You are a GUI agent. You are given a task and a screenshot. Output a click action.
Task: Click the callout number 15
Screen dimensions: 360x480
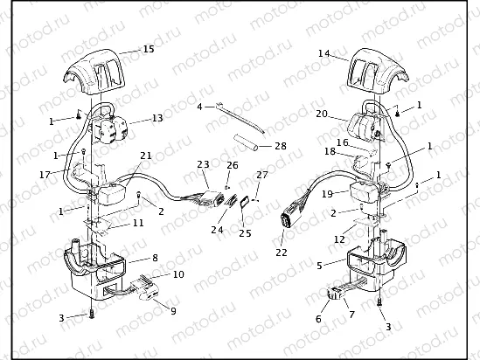pyautogui.click(x=149, y=49)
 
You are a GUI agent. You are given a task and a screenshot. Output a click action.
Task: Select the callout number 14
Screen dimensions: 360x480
pyautogui.click(x=323, y=53)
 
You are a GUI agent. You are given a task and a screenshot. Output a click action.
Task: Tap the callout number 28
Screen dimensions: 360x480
pyautogui.click(x=280, y=145)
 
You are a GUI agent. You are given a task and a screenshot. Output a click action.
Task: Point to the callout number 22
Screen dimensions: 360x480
pyautogui.click(x=281, y=252)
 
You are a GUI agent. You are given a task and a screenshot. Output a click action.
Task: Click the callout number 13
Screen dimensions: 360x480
pyautogui.click(x=157, y=117)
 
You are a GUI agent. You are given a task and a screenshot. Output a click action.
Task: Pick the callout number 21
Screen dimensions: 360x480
pyautogui.click(x=146, y=156)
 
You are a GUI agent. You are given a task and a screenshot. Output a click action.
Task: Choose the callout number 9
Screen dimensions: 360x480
pyautogui.click(x=171, y=310)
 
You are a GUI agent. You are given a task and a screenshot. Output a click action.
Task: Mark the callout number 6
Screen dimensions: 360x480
pyautogui.click(x=319, y=319)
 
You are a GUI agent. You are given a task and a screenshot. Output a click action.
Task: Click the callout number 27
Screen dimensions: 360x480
pyautogui.click(x=262, y=175)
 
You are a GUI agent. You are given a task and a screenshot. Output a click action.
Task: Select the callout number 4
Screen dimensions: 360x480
pyautogui.click(x=199, y=107)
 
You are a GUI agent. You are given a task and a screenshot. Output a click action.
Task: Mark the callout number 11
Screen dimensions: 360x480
pyautogui.click(x=137, y=224)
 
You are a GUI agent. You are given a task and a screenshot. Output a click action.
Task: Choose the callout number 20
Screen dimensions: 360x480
pyautogui.click(x=322, y=114)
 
